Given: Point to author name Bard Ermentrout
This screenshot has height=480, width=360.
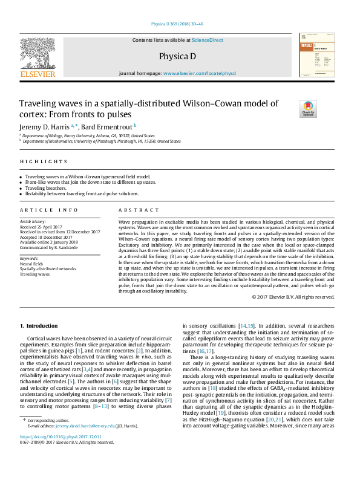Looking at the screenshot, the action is pos(101,126).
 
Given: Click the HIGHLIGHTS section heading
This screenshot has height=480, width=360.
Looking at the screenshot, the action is pos(43,161).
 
